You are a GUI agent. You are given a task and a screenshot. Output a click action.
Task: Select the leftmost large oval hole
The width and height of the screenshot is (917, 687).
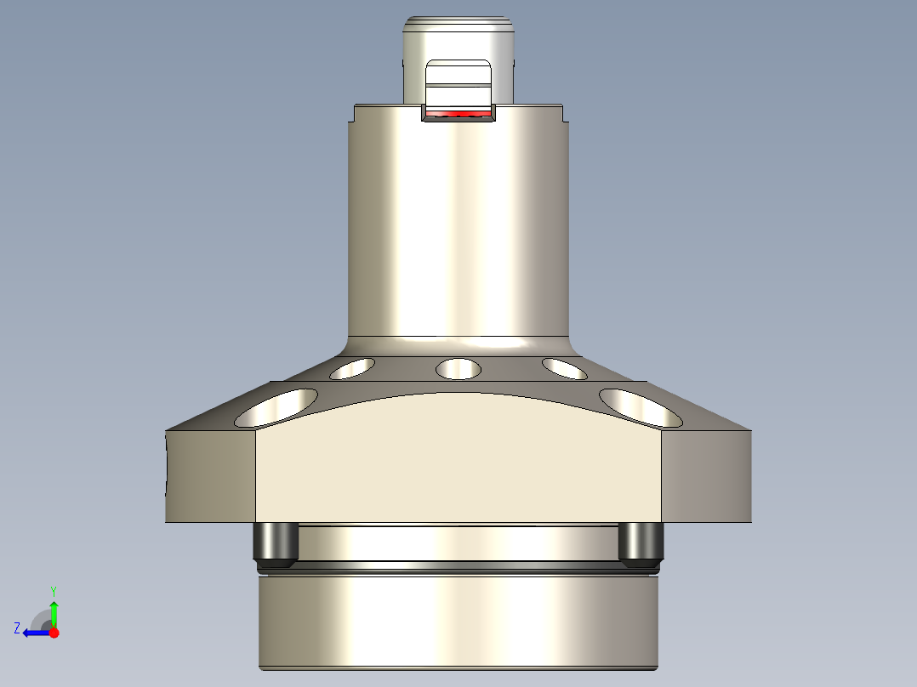click(276, 408)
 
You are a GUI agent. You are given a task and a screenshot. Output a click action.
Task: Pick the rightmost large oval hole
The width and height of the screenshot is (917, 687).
click(641, 407)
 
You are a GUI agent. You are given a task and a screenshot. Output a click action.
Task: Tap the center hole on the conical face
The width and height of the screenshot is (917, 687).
click(458, 369)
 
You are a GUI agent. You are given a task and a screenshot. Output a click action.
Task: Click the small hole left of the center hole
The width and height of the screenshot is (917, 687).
click(353, 368)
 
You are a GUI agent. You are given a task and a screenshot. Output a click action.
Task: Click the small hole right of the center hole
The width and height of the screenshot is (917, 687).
click(564, 368)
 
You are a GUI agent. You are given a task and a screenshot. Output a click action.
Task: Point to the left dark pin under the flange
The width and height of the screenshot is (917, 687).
click(275, 544)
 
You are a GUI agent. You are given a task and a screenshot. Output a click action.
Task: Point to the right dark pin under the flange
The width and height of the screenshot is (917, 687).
click(640, 544)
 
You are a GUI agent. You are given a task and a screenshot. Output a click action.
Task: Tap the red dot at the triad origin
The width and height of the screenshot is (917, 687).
click(54, 633)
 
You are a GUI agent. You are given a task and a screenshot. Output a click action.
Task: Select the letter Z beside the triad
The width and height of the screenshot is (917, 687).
click(17, 628)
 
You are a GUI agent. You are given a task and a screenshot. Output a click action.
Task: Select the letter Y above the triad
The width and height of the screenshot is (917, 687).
click(53, 589)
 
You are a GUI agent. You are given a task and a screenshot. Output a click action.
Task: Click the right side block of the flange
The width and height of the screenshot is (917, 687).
click(706, 476)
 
